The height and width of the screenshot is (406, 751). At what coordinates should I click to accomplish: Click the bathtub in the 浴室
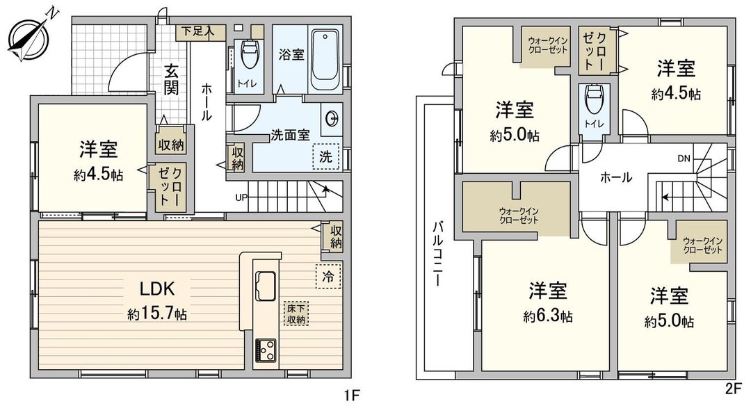pyautogui.click(x=325, y=55)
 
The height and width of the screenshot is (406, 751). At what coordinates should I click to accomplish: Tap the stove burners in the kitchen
pyautogui.click(x=265, y=348)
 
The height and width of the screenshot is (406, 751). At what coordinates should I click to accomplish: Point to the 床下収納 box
pyautogui.click(x=296, y=314)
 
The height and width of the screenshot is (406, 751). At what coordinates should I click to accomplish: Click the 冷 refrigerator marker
pyautogui.click(x=328, y=276)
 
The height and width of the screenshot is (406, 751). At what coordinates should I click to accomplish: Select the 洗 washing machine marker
pyautogui.click(x=325, y=156)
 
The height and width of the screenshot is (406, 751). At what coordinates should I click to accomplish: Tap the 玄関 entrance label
pyautogui.click(x=172, y=79)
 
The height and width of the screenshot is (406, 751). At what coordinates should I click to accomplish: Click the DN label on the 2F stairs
pyautogui.click(x=684, y=158)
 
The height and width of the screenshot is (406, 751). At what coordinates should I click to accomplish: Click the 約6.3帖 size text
pyautogui.click(x=549, y=316)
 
